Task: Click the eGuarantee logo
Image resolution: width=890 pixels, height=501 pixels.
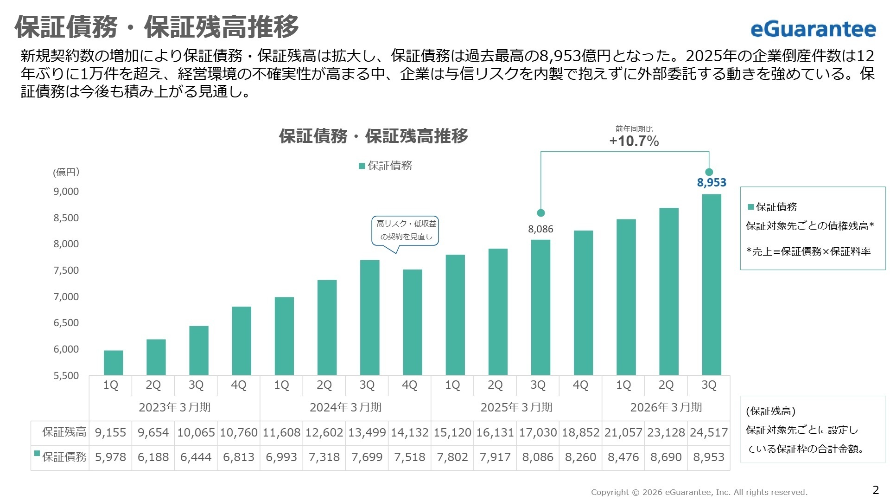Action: pyautogui.click(x=813, y=29)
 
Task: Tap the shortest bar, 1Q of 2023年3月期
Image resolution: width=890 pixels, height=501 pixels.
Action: pyautogui.click(x=113, y=363)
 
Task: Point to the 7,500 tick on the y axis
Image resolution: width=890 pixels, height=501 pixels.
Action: pyautogui.click(x=66, y=270)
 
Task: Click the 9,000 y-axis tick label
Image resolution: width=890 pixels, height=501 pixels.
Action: pyautogui.click(x=66, y=192)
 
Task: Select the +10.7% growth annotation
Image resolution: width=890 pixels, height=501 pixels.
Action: pyautogui.click(x=634, y=141)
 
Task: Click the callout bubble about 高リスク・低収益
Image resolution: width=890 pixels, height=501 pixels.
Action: pyautogui.click(x=406, y=230)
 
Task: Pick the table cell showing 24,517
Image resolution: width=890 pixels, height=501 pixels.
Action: pyautogui.click(x=708, y=432)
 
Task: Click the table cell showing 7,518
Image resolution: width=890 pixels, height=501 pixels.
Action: pyautogui.click(x=409, y=457)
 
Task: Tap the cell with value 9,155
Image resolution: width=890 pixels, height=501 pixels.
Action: pyautogui.click(x=110, y=432)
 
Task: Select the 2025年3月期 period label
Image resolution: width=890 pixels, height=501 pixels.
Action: pyautogui.click(x=516, y=407)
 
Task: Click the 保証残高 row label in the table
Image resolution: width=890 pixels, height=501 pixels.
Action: pyautogui.click(x=64, y=432)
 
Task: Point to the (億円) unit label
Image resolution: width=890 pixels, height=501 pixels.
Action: pyautogui.click(x=66, y=172)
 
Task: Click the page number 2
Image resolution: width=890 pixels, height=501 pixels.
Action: pyautogui.click(x=875, y=490)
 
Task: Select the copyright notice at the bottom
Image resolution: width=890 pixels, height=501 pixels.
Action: pyautogui.click(x=699, y=492)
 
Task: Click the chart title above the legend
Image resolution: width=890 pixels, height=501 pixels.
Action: pyautogui.click(x=373, y=136)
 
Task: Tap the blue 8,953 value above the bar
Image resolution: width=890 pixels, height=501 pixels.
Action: pyautogui.click(x=711, y=182)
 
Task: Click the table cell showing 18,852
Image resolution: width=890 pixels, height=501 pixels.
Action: pyautogui.click(x=580, y=432)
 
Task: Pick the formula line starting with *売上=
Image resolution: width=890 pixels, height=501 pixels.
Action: pyautogui.click(x=808, y=251)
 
